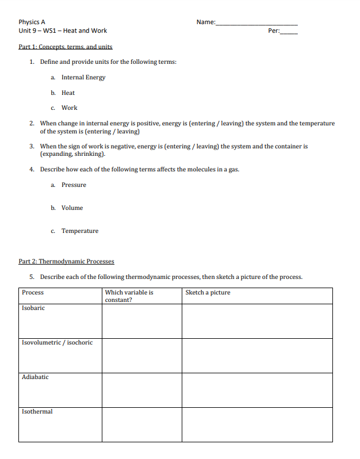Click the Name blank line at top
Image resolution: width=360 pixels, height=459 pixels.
pyautogui.click(x=256, y=24)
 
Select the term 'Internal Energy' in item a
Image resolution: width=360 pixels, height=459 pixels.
pyautogui.click(x=83, y=77)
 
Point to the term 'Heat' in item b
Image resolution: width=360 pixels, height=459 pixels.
pyautogui.click(x=68, y=93)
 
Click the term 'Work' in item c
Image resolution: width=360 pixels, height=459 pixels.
pyautogui.click(x=69, y=108)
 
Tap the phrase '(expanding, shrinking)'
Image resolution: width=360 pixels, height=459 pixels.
pyautogui.click(x=72, y=154)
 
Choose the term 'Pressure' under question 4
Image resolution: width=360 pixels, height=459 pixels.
pyautogui.click(x=74, y=185)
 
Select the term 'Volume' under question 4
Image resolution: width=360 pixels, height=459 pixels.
pyautogui.click(x=72, y=208)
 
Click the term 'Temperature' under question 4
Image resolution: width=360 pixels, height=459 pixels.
pyautogui.click(x=80, y=231)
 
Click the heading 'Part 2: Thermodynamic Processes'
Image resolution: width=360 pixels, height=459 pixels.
pyautogui.click(x=66, y=261)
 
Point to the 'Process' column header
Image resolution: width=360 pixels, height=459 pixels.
pyautogui.click(x=33, y=292)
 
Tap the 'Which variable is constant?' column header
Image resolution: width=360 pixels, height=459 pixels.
pyautogui.click(x=129, y=296)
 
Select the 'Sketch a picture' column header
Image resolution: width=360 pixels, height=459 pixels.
pyautogui.click(x=208, y=292)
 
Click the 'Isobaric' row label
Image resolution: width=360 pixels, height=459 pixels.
pyautogui.click(x=33, y=308)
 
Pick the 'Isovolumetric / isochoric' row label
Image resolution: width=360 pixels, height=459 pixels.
pyautogui.click(x=57, y=342)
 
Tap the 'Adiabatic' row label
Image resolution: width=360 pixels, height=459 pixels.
pyautogui.click(x=35, y=377)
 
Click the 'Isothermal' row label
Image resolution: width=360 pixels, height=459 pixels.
pyautogui.click(x=37, y=411)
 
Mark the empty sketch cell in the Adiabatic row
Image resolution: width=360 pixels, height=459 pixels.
pyautogui.click(x=257, y=390)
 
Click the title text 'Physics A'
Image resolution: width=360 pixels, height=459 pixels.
pyautogui.click(x=32, y=22)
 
